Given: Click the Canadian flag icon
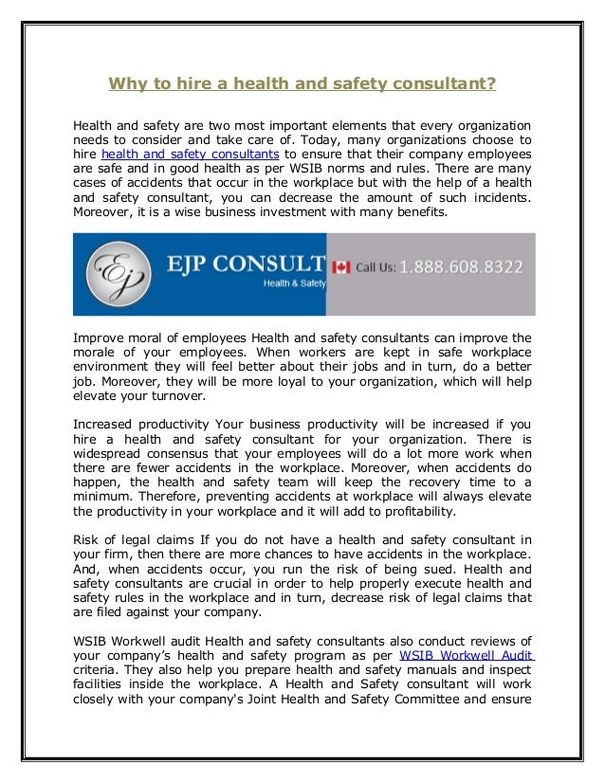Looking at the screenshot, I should pyautogui.click(x=341, y=267).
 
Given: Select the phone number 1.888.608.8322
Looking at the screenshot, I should pyautogui.click(x=460, y=267).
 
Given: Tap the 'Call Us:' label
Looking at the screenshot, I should pyautogui.click(x=376, y=268).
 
